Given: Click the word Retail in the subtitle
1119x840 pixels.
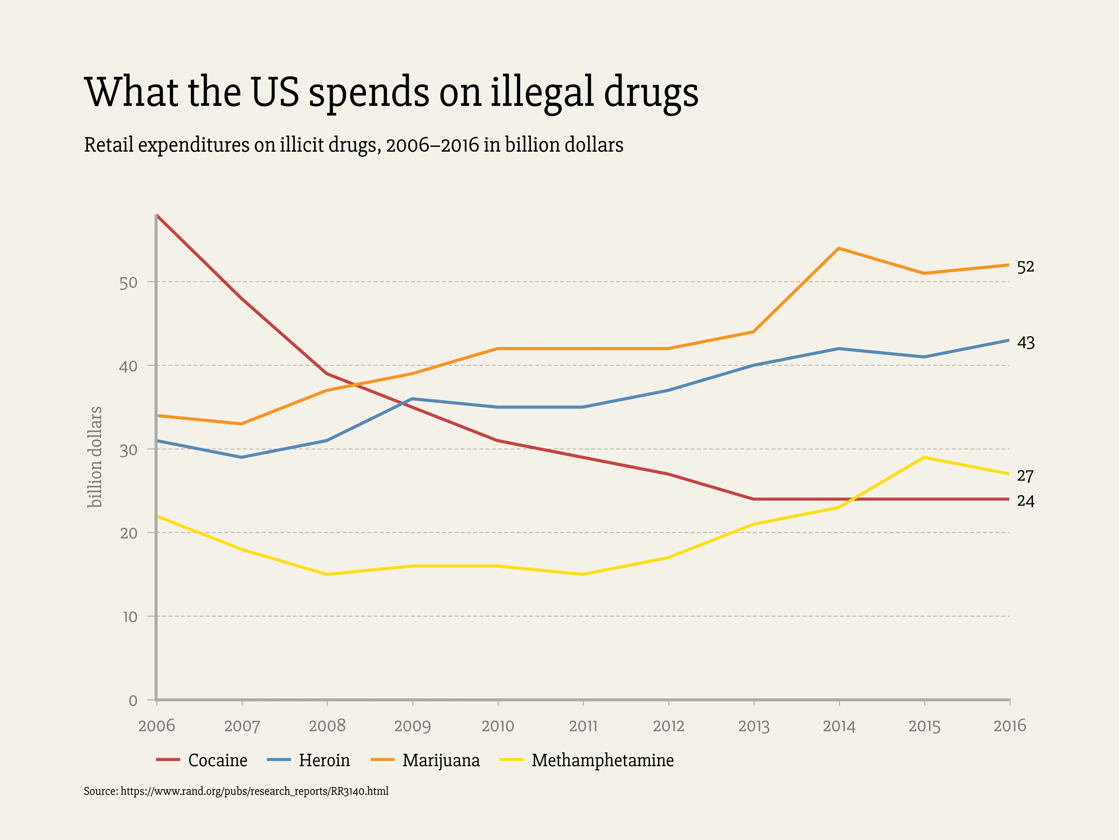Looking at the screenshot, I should (108, 145).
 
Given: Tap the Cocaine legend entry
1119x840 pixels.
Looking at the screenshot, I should (217, 760).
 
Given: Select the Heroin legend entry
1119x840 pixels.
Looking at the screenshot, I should (324, 760).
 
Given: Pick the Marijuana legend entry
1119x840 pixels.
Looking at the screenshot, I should (441, 760).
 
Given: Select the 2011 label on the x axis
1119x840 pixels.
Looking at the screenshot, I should (583, 726).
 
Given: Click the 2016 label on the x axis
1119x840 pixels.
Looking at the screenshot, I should (1009, 726).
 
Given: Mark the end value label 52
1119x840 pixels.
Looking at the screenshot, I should (1025, 267).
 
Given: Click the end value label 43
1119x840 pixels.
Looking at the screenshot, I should (1025, 343).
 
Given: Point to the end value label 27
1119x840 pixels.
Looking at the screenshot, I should (1025, 476).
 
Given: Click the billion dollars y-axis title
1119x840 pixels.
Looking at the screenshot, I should (95, 457).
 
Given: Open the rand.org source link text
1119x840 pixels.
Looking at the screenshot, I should (254, 791).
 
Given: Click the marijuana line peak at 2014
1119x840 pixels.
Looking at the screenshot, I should (839, 249).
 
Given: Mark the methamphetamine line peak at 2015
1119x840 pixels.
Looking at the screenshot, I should (924, 457).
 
